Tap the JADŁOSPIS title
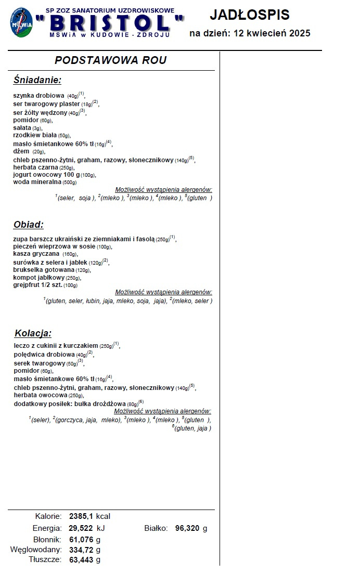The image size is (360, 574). point(250,15)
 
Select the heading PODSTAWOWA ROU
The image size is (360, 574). point(111,60)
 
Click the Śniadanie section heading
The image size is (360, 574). point(37,80)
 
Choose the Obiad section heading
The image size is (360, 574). point(28,225)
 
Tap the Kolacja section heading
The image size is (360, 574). point(33,333)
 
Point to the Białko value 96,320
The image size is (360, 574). point(187,528)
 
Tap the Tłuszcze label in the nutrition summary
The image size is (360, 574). point(46,560)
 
